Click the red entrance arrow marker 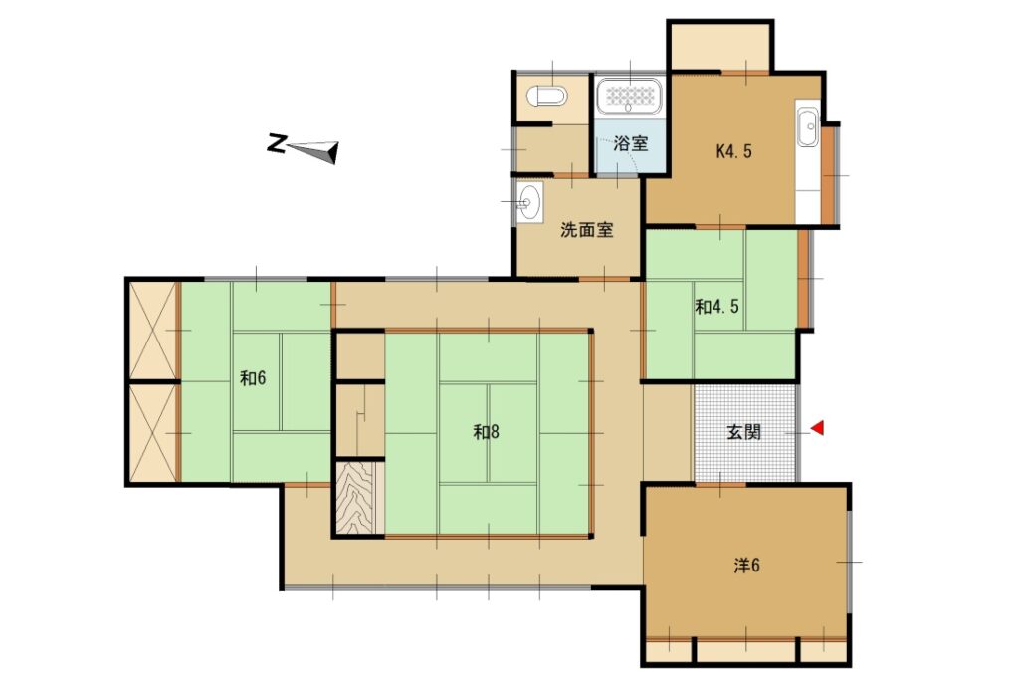(818, 428)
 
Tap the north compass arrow (312, 151)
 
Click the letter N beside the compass (277, 143)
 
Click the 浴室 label (630, 143)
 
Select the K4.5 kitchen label (733, 151)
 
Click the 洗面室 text (587, 229)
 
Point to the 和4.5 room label (716, 306)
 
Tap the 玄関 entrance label (743, 431)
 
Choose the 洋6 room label (746, 566)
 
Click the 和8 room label (486, 431)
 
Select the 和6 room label (253, 378)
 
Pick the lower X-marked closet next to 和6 (153, 433)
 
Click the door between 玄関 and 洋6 (720, 484)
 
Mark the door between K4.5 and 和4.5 (720, 227)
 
